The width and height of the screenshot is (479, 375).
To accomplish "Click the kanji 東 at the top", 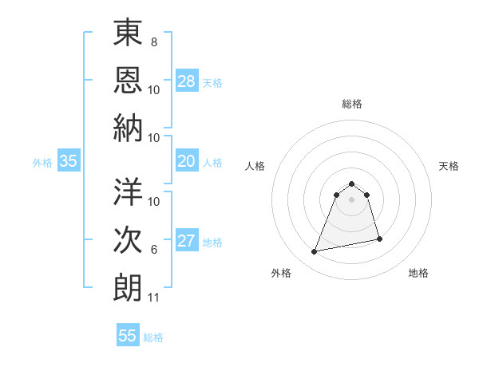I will (x=128, y=34).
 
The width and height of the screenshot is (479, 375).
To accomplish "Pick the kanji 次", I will (x=128, y=241).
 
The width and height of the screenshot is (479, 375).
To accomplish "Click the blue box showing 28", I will (x=187, y=81).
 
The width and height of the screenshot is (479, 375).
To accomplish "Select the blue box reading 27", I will (x=187, y=242).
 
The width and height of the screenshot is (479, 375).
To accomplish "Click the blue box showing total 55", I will (x=128, y=336).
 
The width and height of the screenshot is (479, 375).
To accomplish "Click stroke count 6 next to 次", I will (x=154, y=250).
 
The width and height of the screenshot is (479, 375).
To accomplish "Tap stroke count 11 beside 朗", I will (x=154, y=298).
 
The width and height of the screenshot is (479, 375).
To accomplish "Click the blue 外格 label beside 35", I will (x=42, y=163).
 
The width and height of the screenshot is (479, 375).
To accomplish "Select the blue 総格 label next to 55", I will (x=153, y=337).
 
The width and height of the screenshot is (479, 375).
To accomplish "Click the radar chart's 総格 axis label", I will (x=351, y=104).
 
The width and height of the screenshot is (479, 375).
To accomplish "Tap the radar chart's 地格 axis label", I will (x=418, y=273).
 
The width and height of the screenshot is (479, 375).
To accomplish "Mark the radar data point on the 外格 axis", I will (x=315, y=252).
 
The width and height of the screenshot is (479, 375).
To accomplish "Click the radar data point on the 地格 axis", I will (x=379, y=239).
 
